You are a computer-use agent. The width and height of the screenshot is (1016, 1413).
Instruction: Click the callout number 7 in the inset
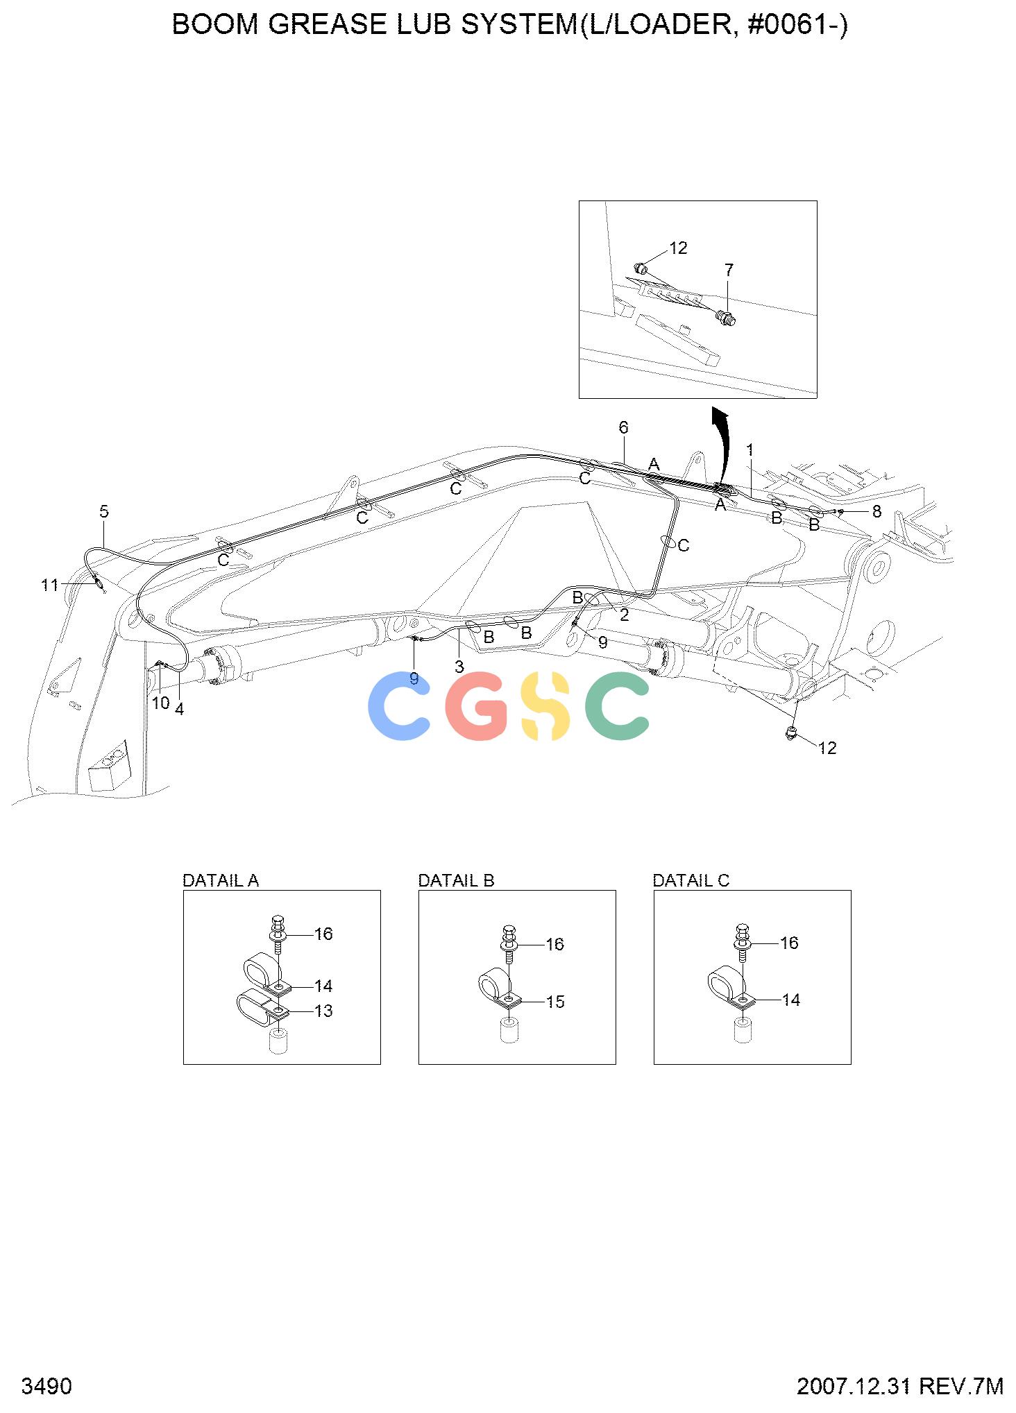[x=729, y=270]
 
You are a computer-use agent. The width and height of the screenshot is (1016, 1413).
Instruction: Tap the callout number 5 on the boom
[x=104, y=512]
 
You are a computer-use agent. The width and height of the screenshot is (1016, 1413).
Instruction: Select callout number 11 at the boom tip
[x=50, y=585]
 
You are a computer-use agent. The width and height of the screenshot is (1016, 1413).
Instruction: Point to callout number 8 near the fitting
[x=877, y=511]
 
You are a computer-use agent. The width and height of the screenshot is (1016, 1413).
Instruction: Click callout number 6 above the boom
[x=623, y=427]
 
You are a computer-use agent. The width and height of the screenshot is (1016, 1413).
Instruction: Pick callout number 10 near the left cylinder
[x=160, y=703]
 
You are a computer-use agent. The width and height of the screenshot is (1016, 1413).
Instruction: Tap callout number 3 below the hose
[x=459, y=667]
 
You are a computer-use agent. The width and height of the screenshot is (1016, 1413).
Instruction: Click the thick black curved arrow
[x=722, y=444]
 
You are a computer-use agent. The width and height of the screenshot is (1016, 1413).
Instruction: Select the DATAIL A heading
[x=220, y=880]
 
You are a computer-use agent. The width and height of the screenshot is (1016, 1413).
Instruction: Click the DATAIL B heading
[x=456, y=880]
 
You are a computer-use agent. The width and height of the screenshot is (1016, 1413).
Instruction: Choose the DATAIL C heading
[x=691, y=880]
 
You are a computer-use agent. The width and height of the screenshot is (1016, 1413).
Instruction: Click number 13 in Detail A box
[x=323, y=1011]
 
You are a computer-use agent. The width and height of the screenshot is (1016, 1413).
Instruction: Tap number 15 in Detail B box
[x=555, y=1002]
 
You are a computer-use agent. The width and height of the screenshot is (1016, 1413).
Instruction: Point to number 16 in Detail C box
[x=790, y=943]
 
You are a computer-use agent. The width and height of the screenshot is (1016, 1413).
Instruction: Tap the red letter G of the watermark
[x=476, y=705]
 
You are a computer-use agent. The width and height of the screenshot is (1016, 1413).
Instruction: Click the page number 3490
[x=47, y=1387]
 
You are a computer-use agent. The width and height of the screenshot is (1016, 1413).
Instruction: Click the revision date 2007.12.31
[x=853, y=1387]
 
